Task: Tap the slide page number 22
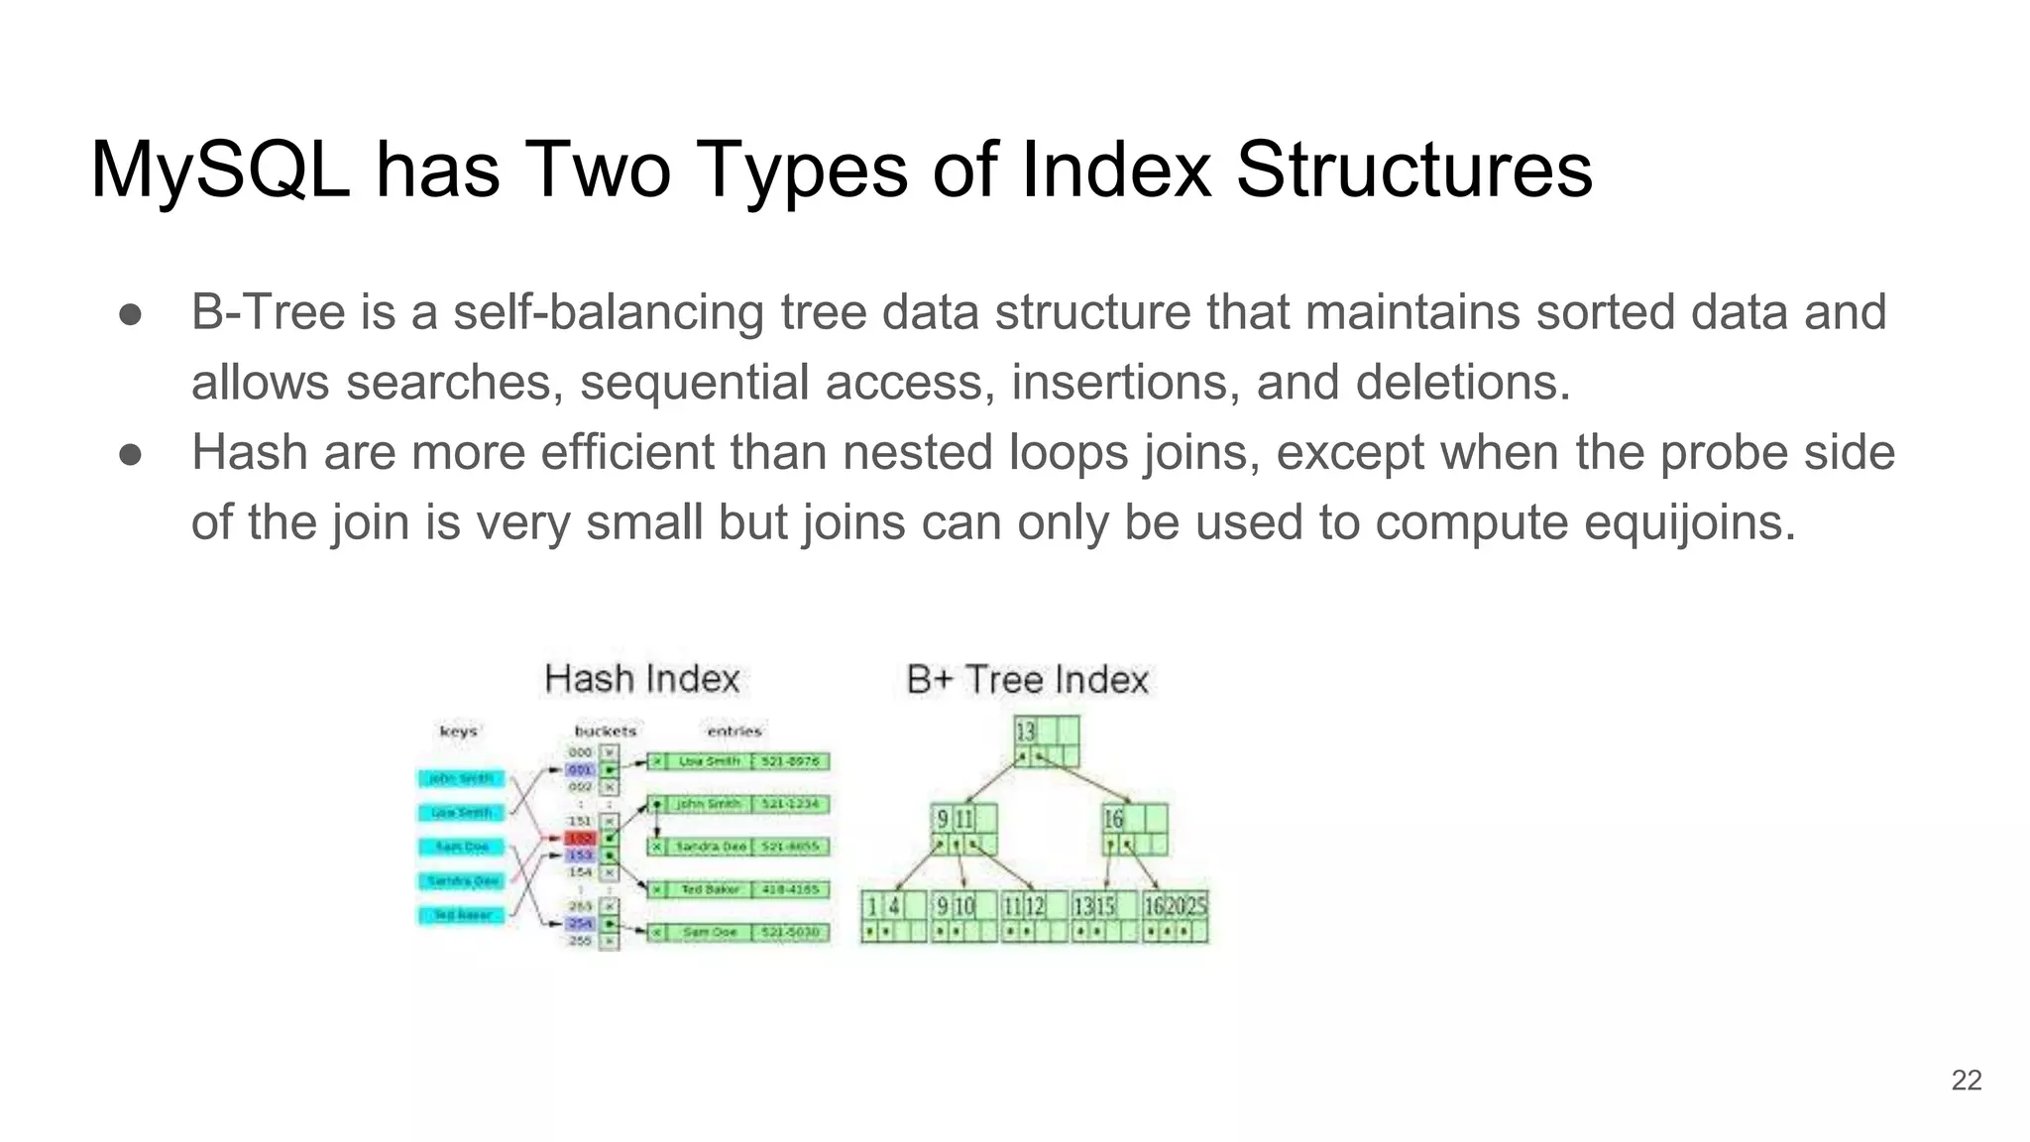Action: pos(1966,1081)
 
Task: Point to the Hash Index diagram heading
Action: pos(641,679)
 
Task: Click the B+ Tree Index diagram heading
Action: pos(1027,680)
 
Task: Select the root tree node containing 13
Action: pos(1046,742)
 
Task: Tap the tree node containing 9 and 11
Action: pos(963,830)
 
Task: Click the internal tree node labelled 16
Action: pos(1135,830)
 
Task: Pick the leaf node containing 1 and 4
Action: pos(893,917)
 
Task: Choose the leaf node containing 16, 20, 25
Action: pos(1175,917)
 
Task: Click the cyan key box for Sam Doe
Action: pos(462,847)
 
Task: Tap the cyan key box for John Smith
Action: pos(462,779)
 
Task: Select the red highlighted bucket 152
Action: pos(580,839)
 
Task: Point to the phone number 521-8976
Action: pos(790,761)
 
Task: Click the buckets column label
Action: pos(605,732)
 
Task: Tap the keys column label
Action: pos(458,732)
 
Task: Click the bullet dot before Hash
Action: pos(130,454)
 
